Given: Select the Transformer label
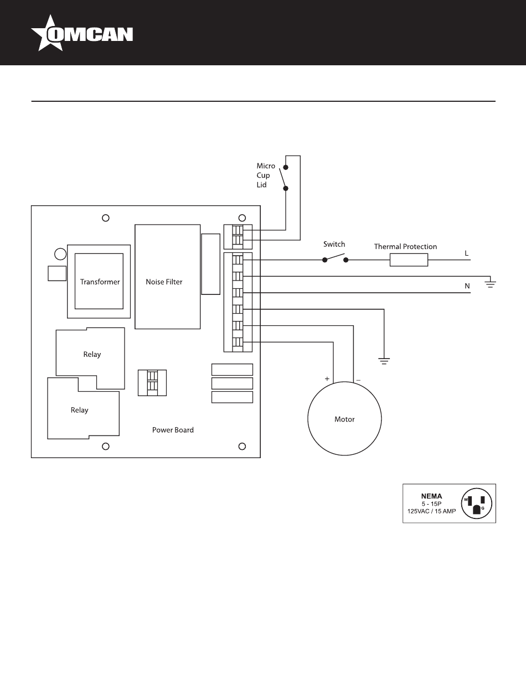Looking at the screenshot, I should coord(100,282).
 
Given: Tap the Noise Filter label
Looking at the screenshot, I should coord(164,282).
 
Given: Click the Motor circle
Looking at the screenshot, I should coord(344,419).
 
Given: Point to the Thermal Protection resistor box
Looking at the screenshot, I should coord(409,259).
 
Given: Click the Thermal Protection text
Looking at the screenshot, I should coord(405,247).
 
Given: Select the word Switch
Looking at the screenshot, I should coord(334,244).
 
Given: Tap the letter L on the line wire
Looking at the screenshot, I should coord(467,253).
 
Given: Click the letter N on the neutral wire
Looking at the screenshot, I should coord(467,286).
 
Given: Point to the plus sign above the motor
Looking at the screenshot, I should coord(327,379).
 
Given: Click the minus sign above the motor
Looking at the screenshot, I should coord(358,380).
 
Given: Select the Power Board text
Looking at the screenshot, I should coord(173,430).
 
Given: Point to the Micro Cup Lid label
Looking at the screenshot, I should coord(265,175).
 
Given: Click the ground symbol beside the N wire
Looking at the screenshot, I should coord(490,284).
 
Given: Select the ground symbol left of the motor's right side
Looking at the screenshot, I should coord(384,361).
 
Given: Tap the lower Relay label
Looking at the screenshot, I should coord(79,410).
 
